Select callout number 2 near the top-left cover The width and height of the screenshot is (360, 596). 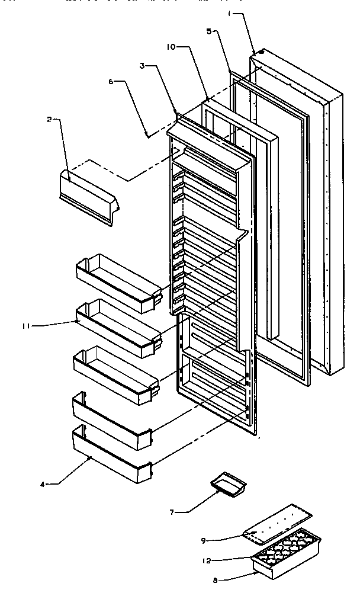point(50,119)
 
